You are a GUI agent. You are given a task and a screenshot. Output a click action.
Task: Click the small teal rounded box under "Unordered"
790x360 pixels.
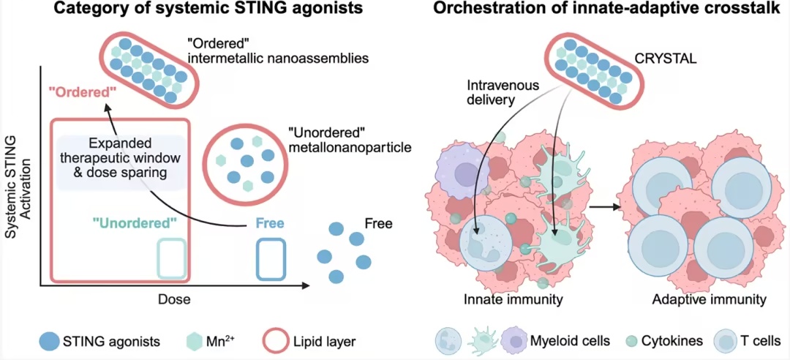point(171,258)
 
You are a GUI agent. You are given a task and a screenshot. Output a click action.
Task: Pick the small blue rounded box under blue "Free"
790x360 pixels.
point(271,258)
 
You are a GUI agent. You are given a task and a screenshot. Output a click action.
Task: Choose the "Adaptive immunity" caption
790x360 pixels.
point(709,300)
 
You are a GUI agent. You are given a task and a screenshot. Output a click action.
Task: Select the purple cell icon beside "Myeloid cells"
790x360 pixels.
point(513,341)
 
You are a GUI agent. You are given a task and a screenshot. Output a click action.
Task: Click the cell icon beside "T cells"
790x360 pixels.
point(726,342)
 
